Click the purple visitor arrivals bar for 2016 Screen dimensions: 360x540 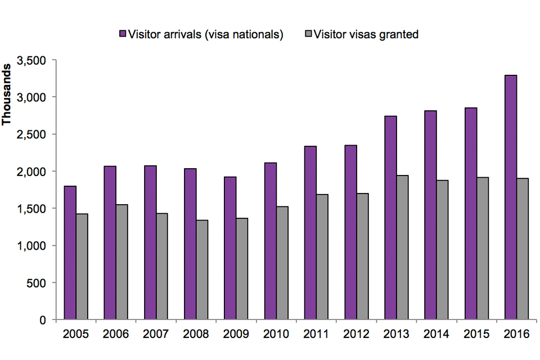[x=511, y=197]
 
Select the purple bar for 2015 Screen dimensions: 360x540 [x=471, y=214]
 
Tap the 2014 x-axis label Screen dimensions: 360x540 [x=436, y=334]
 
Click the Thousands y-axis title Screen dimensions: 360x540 [x=8, y=96]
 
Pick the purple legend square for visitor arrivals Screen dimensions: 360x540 [x=122, y=34]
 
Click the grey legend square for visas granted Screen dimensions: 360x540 [x=308, y=34]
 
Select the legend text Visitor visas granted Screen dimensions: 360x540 [x=366, y=34]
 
